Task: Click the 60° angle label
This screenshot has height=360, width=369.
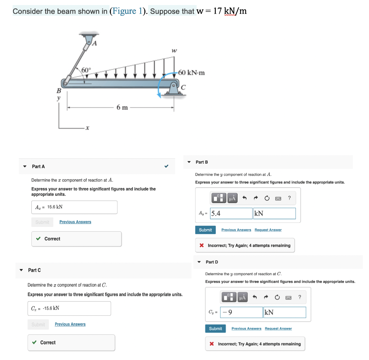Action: (86, 70)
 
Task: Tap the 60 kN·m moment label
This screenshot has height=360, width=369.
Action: (191, 73)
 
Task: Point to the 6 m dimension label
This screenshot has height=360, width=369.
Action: (122, 107)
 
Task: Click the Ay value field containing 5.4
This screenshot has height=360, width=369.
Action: (231, 214)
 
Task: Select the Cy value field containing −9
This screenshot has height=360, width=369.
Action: (241, 312)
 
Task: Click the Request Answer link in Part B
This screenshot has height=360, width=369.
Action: (268, 230)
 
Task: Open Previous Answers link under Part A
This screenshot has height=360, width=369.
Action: (75, 222)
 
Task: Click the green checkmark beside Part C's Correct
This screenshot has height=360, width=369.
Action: (34, 342)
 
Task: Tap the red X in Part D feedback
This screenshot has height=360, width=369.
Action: (212, 344)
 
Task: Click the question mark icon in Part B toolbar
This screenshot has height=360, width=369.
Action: (289, 198)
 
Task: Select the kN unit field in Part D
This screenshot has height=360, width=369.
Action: (285, 312)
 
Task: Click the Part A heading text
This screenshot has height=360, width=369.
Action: (38, 166)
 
